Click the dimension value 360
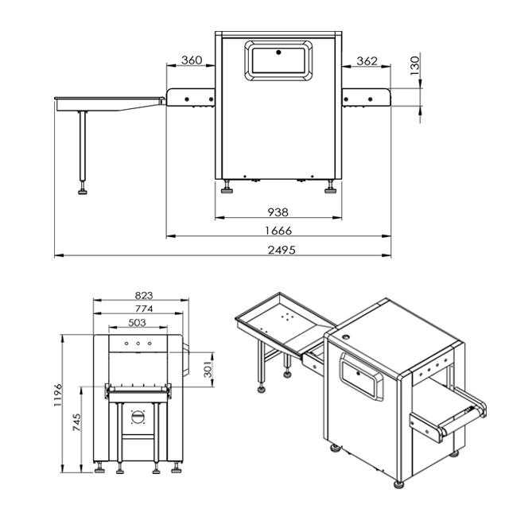[191, 61]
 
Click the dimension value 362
[367, 61]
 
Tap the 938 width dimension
[278, 212]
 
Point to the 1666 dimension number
[278, 231]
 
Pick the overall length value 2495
[278, 250]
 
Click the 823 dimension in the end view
[143, 296]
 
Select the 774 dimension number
[143, 308]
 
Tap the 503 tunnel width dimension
[137, 321]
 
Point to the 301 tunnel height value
[208, 370]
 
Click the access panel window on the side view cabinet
[278, 60]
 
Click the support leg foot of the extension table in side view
[82, 191]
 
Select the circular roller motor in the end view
[138, 416]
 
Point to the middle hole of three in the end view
[138, 344]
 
